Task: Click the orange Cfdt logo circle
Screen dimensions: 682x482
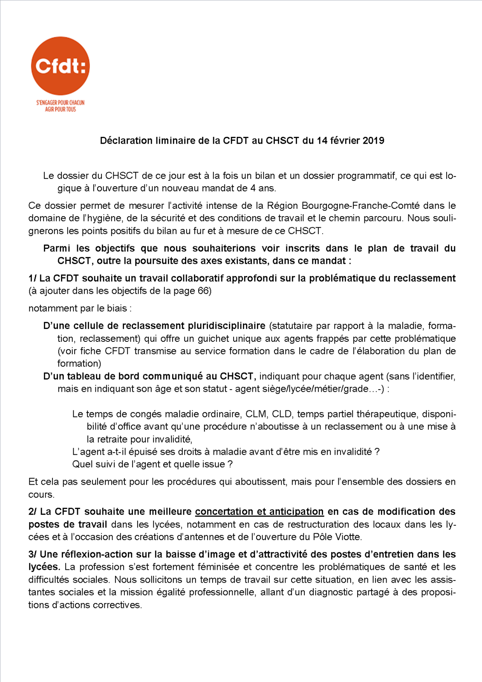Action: coord(61,66)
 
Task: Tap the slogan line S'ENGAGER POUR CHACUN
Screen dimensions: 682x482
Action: coord(61,103)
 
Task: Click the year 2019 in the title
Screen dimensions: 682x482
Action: coord(373,141)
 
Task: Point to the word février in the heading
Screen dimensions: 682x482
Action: coord(345,141)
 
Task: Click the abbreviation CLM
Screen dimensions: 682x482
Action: coord(256,414)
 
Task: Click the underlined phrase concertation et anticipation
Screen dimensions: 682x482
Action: coord(259,511)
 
